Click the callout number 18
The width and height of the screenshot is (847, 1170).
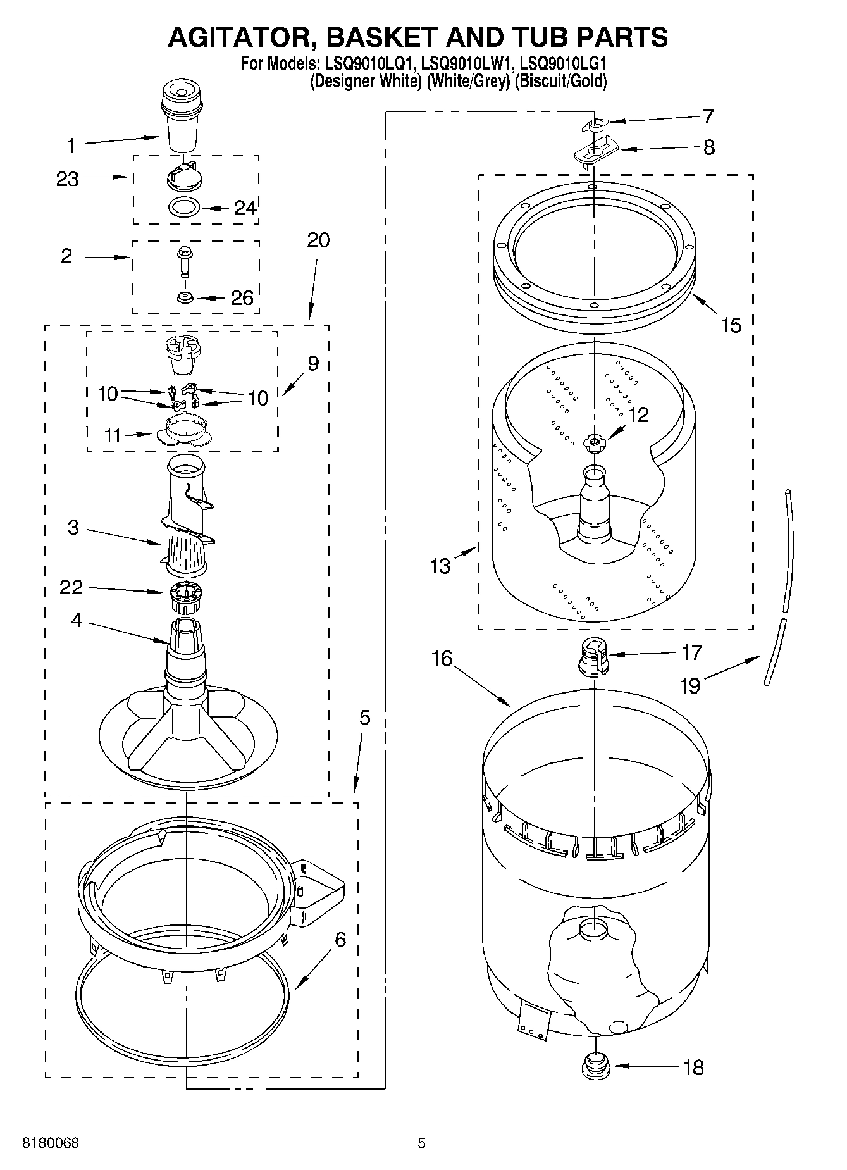693,1067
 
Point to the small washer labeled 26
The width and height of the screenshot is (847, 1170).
185,297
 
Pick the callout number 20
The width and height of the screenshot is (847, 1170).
318,240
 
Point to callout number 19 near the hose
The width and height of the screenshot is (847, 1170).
689,685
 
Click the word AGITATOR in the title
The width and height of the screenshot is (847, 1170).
237,37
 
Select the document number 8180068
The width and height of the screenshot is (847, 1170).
51,1143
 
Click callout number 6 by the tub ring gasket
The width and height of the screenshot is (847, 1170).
340,940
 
